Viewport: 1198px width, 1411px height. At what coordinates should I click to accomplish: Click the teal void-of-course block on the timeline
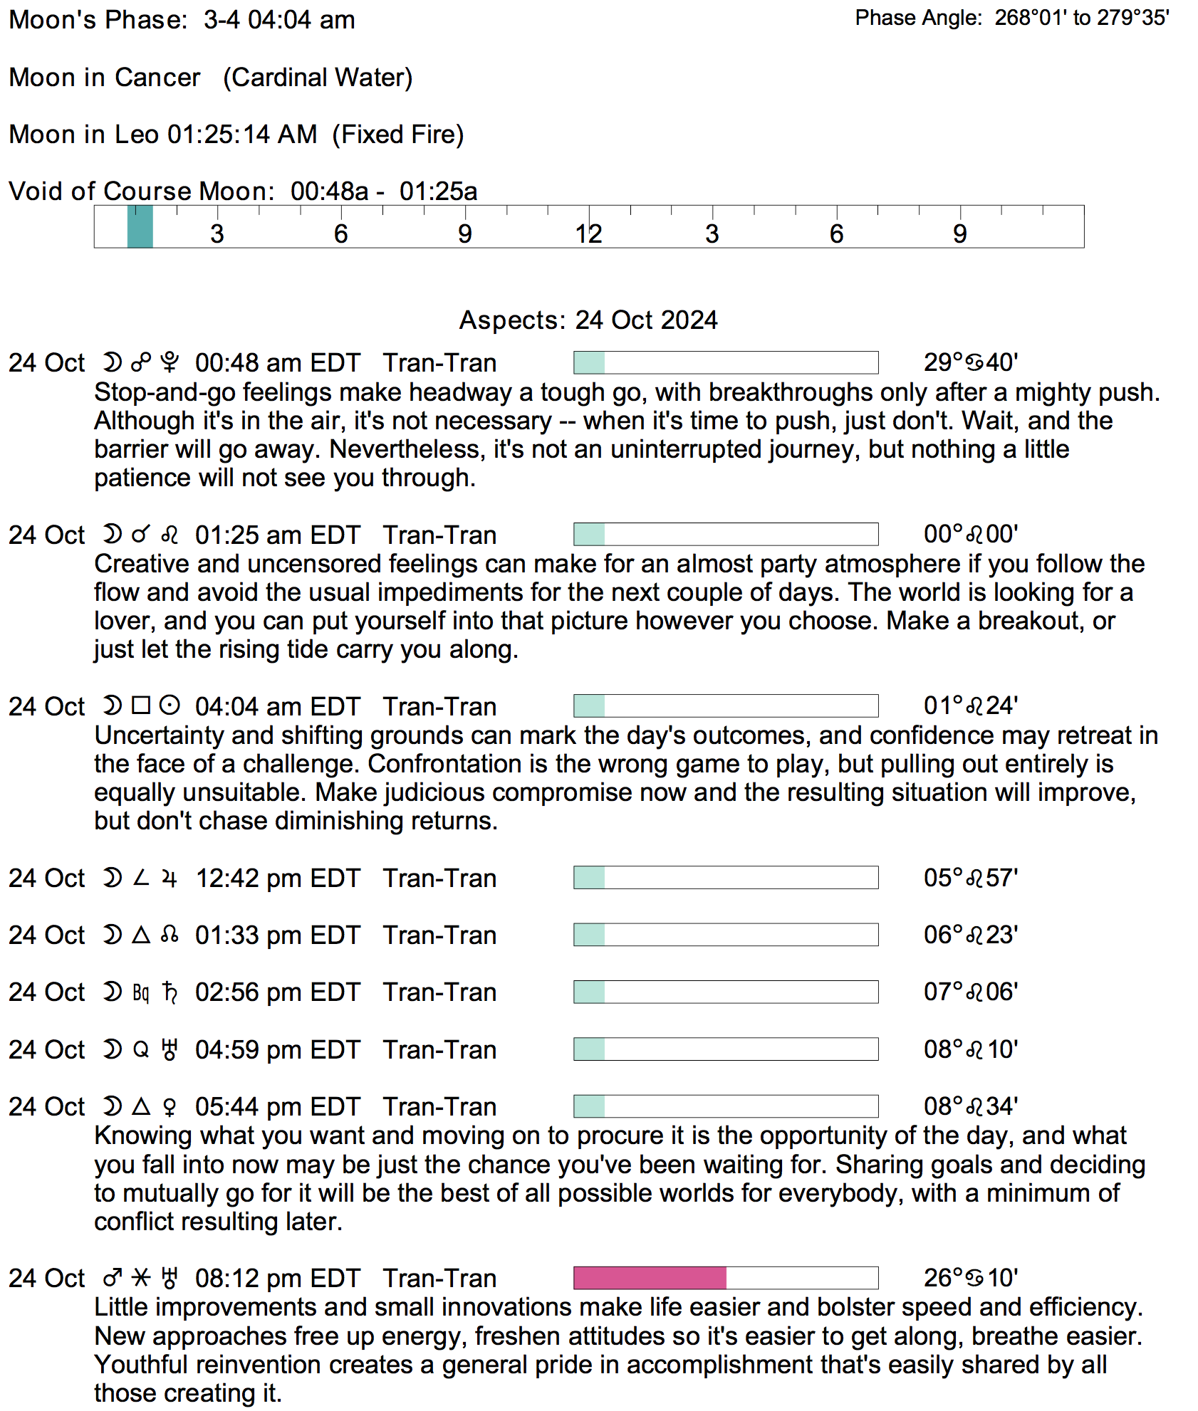click(x=140, y=226)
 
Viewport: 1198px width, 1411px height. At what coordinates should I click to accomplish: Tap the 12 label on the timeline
click(x=588, y=234)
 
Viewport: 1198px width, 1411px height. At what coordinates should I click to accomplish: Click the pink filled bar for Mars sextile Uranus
click(x=650, y=1278)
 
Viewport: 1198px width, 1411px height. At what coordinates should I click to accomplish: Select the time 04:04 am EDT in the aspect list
click(x=278, y=706)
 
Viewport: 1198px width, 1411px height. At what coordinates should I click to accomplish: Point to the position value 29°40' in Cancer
click(x=970, y=362)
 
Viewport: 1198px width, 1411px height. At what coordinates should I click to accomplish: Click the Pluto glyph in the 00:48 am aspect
click(x=170, y=362)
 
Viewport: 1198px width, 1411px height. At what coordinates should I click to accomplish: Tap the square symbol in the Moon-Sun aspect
click(x=141, y=705)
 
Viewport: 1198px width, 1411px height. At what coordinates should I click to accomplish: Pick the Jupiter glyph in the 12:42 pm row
click(x=170, y=878)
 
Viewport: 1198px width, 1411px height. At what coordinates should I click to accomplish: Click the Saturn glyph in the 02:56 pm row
click(x=170, y=992)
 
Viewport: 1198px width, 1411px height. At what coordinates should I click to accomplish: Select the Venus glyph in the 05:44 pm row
click(x=170, y=1106)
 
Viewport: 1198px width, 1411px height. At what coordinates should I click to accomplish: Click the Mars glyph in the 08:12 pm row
click(x=113, y=1278)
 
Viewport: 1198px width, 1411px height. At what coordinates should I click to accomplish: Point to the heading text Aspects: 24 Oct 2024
click(x=588, y=320)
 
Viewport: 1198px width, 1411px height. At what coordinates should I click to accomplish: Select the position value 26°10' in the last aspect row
click(x=970, y=1278)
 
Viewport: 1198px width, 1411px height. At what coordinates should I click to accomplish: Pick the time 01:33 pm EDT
click(x=278, y=935)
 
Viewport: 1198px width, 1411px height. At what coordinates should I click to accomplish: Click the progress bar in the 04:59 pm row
click(x=726, y=1049)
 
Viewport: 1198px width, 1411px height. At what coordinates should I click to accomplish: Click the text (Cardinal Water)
click(x=318, y=77)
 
